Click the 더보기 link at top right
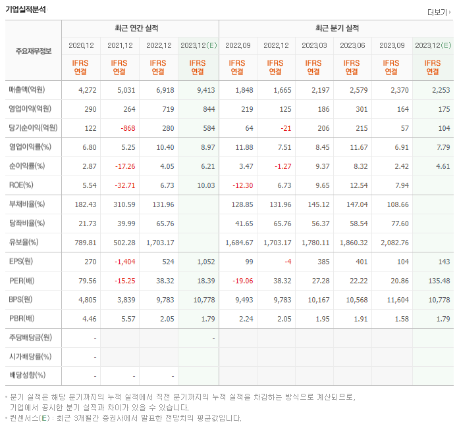click(439, 12)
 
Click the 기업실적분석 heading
click(26, 9)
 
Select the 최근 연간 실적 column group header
click(139, 28)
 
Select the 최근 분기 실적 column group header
click(336, 28)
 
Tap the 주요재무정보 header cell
click(33, 51)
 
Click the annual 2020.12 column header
click(81, 45)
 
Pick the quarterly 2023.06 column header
click(352, 45)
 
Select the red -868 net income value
click(123, 128)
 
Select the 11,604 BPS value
click(394, 299)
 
